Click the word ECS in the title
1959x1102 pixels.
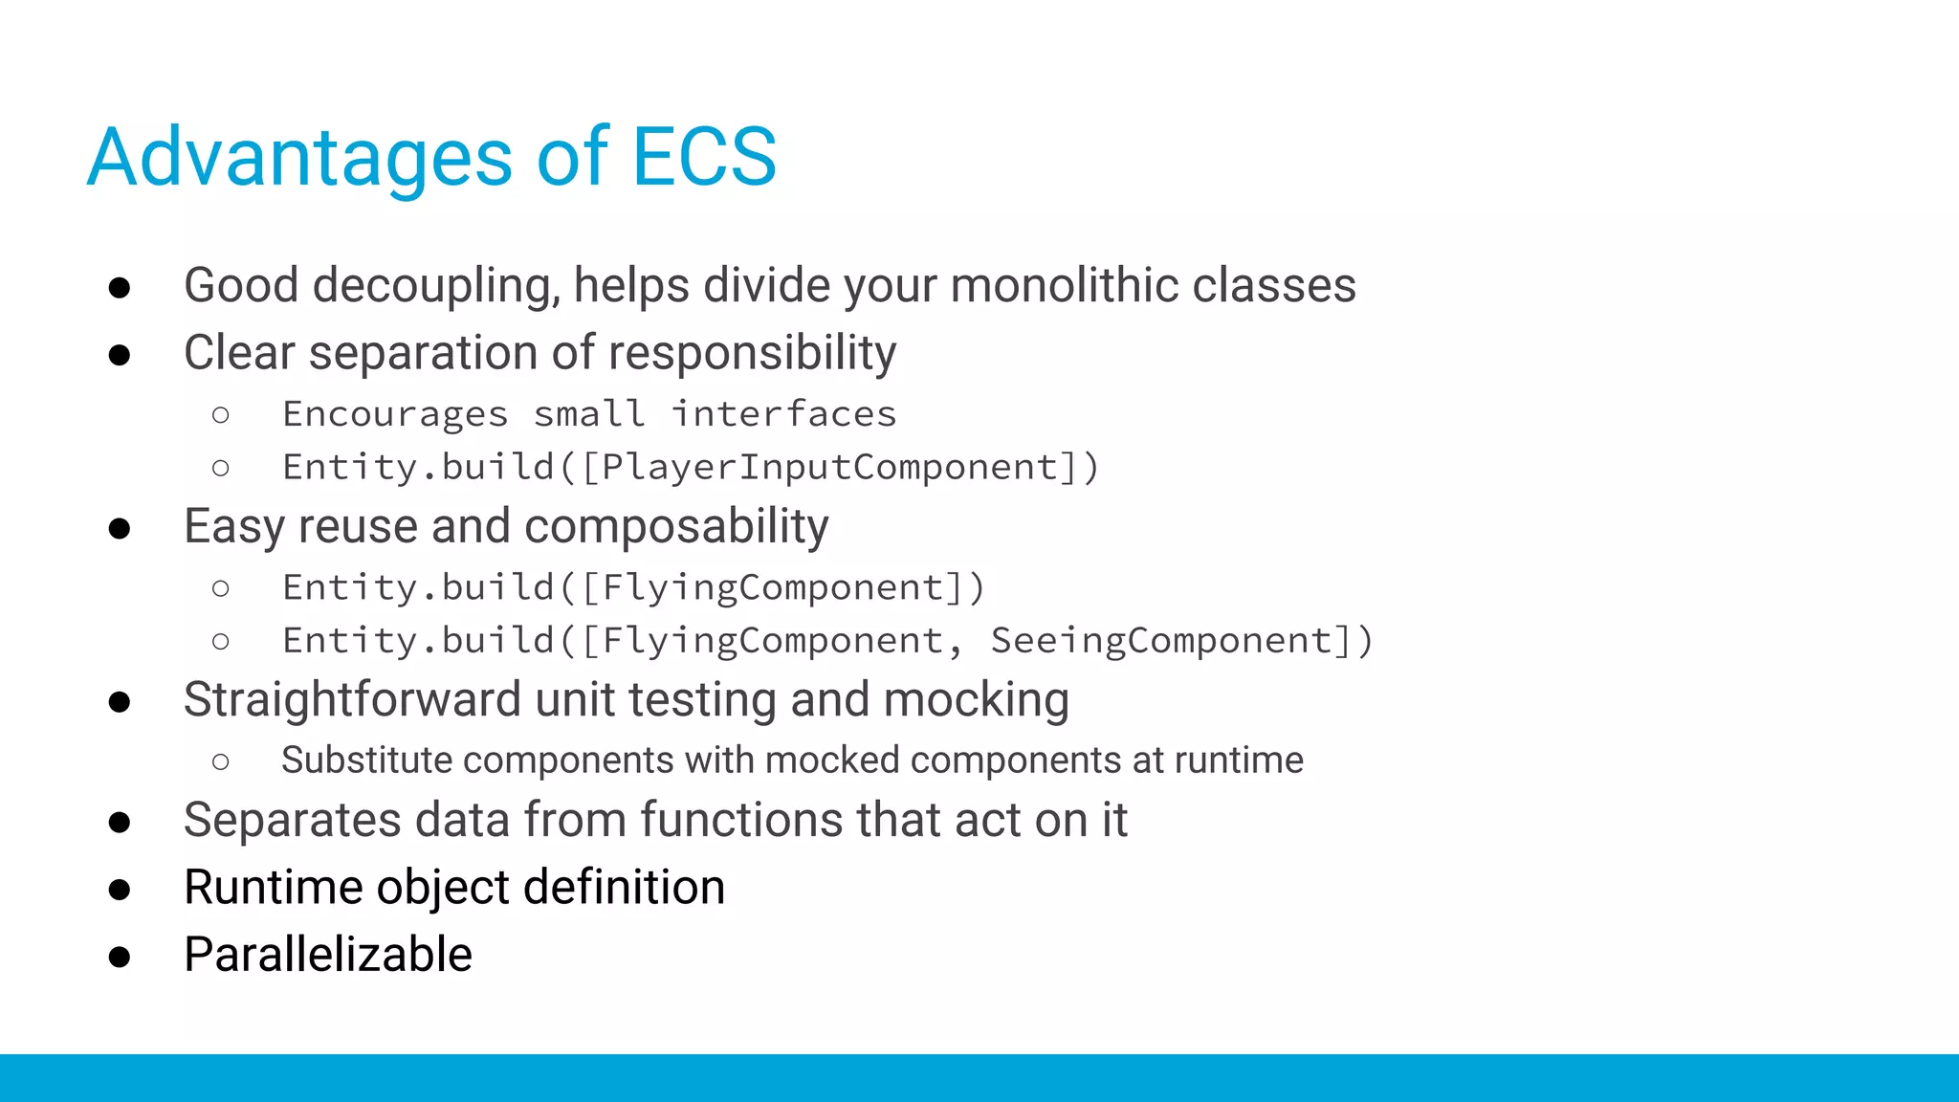click(x=704, y=157)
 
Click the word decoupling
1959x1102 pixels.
click(x=436, y=287)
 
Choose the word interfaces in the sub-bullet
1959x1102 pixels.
click(x=783, y=414)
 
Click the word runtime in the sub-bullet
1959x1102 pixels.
click(x=1239, y=760)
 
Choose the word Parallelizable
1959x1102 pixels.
click(x=328, y=955)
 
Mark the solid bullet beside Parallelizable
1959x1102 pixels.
click(x=120, y=957)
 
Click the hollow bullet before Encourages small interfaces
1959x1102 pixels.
click(x=221, y=415)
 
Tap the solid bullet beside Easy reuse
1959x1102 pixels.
click(x=120, y=529)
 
